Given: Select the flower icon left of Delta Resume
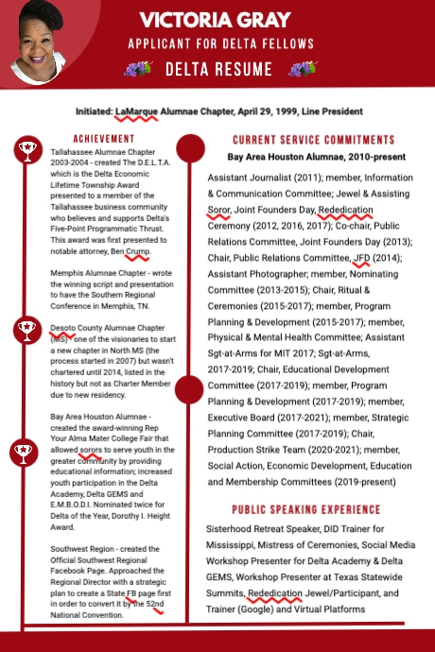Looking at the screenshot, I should pos(138,69).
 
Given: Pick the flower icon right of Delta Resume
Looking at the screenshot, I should pos(302,69).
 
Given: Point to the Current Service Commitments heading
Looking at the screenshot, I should pos(313,139).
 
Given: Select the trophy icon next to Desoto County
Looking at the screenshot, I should pos(26,330).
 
